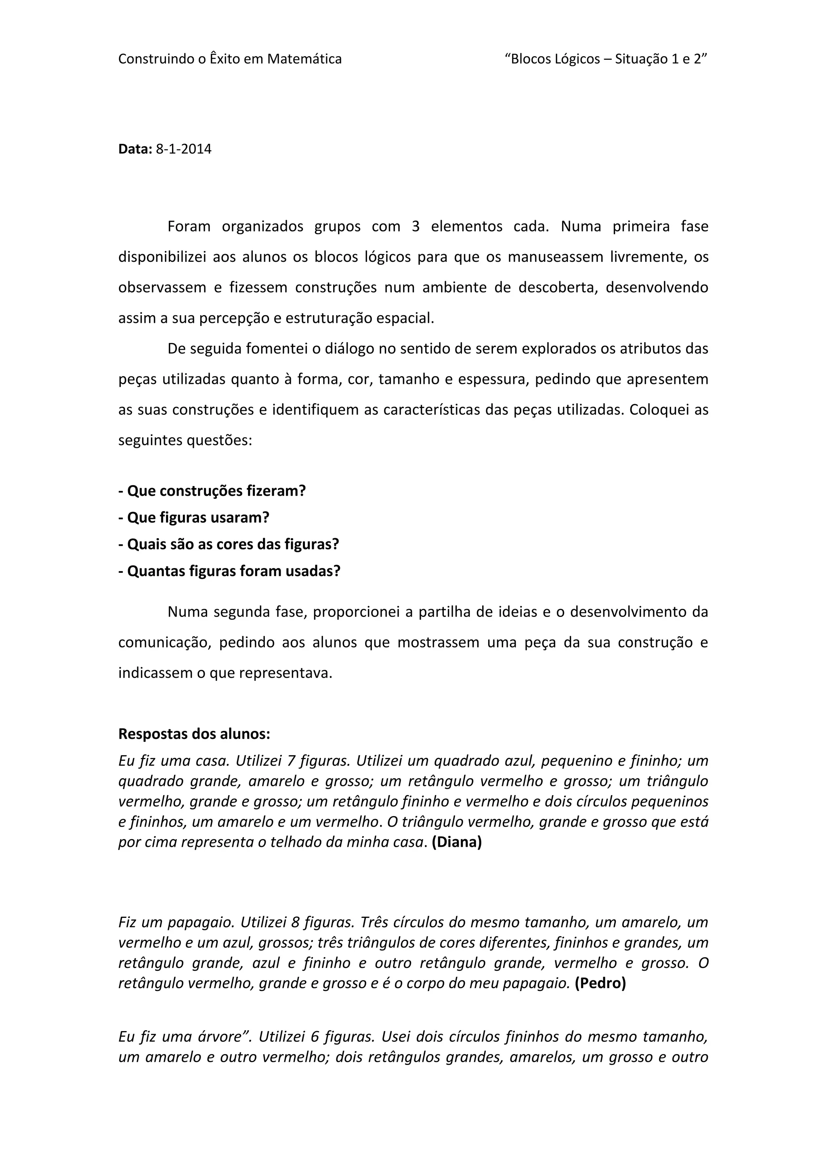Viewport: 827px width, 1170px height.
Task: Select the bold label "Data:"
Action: click(x=135, y=149)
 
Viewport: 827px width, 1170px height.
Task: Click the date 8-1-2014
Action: click(x=183, y=149)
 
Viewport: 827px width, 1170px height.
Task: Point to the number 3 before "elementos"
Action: click(x=416, y=226)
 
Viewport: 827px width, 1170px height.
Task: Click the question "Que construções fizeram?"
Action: click(x=212, y=491)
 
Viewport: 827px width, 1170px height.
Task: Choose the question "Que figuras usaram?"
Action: click(x=193, y=518)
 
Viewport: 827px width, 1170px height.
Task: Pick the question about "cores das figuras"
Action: click(x=229, y=544)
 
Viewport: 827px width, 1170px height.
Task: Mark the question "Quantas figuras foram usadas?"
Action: click(x=229, y=571)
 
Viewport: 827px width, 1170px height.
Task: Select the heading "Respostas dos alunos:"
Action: click(x=194, y=734)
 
